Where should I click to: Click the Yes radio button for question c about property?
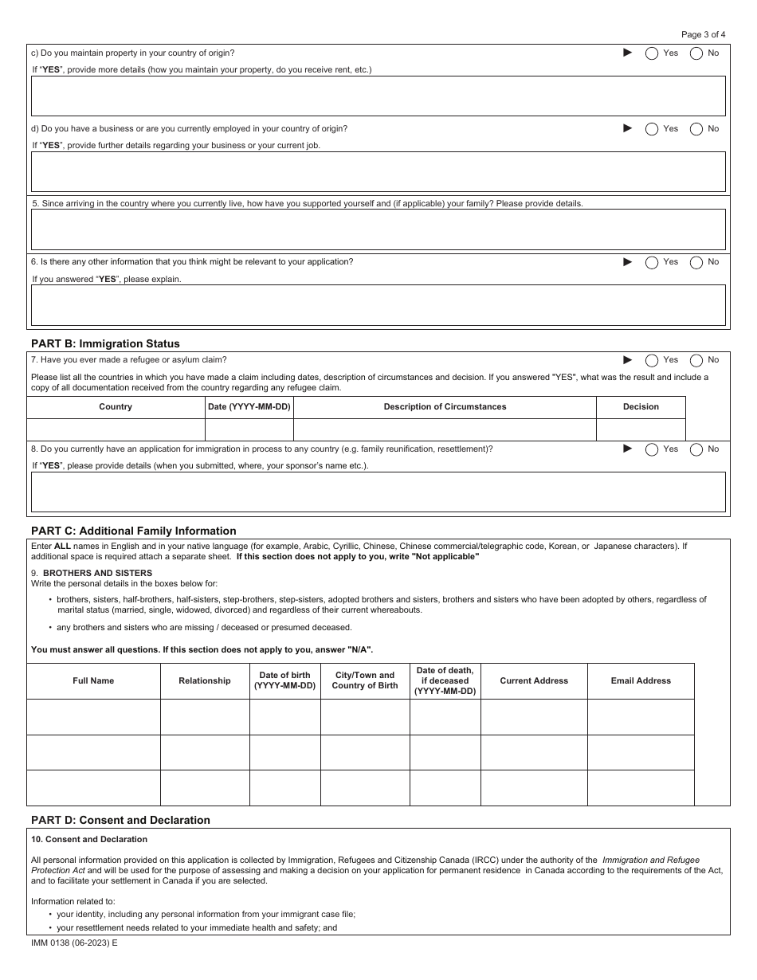pyautogui.click(x=652, y=53)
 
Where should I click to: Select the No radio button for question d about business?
pyautogui.click(x=696, y=129)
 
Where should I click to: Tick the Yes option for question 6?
pyautogui.click(x=652, y=262)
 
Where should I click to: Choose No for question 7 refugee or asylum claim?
pyautogui.click(x=696, y=360)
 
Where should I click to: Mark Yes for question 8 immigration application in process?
pyautogui.click(x=652, y=449)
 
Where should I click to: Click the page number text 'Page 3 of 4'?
pyautogui.click(x=704, y=34)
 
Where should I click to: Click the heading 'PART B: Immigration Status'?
pyautogui.click(x=105, y=343)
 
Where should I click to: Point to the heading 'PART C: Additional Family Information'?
pyautogui.click(x=133, y=531)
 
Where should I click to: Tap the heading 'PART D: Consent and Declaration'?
pyautogui.click(x=120, y=820)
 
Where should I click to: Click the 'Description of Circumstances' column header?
pyautogui.click(x=445, y=407)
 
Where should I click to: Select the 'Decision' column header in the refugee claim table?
pyautogui.click(x=641, y=407)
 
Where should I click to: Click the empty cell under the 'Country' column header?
pyautogui.click(x=116, y=429)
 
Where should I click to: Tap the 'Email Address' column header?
pyautogui.click(x=641, y=681)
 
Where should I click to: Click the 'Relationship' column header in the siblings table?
pyautogui.click(x=205, y=681)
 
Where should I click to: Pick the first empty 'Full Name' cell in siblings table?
pyautogui.click(x=93, y=717)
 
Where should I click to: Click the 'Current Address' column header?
pyautogui.click(x=534, y=681)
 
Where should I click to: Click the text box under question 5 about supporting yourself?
pyautogui.click(x=378, y=229)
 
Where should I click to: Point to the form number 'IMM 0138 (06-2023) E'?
pyautogui.click(x=74, y=943)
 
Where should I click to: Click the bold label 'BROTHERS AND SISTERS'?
pyautogui.click(x=97, y=573)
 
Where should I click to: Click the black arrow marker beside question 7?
pyautogui.click(x=627, y=360)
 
